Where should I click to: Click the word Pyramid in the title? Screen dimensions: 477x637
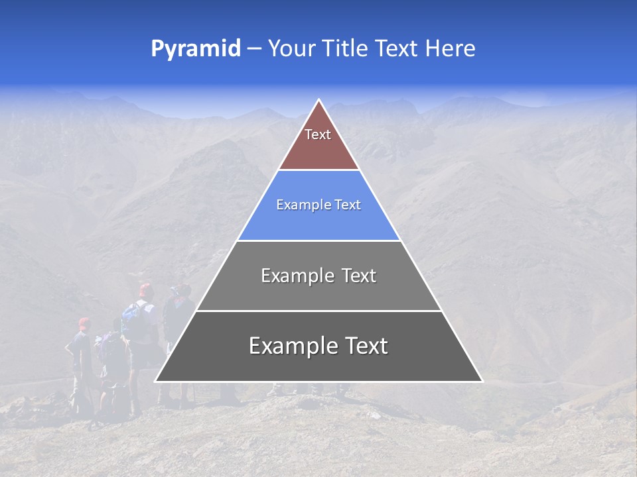pyautogui.click(x=196, y=49)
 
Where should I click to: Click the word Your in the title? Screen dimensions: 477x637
pyautogui.click(x=291, y=49)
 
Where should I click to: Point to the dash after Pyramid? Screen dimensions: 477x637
pyautogui.click(x=254, y=49)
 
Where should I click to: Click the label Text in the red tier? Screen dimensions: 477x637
pyautogui.click(x=318, y=134)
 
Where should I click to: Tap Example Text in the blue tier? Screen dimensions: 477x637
pyautogui.click(x=318, y=205)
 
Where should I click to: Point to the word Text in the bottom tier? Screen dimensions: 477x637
pyautogui.click(x=365, y=346)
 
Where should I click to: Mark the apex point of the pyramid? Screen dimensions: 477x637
pyautogui.click(x=318, y=100)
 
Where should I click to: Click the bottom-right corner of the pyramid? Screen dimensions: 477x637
pyautogui.click(x=482, y=382)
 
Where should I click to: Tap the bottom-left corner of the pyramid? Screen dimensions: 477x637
pyautogui.click(x=155, y=382)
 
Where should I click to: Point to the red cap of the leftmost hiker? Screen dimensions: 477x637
pyautogui.click(x=84, y=323)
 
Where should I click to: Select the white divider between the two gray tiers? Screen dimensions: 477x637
pyautogui.click(x=318, y=311)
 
